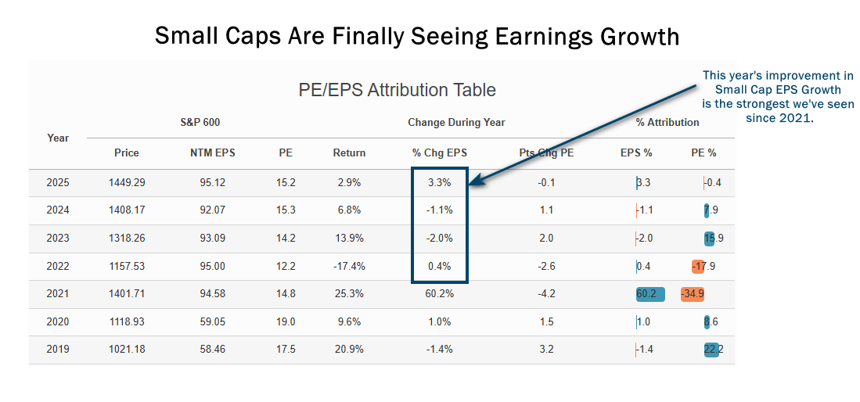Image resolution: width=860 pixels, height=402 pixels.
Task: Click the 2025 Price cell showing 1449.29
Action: (x=127, y=182)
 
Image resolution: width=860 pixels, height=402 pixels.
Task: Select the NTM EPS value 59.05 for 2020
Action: (x=207, y=321)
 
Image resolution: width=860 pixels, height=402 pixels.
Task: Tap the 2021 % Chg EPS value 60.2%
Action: (x=439, y=294)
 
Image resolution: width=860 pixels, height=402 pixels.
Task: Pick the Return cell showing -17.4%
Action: (x=349, y=266)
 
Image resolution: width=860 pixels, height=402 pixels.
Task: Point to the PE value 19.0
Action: (x=286, y=321)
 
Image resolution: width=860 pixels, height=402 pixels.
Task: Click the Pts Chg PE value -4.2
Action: (x=546, y=294)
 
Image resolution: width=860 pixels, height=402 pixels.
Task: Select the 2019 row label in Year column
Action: (x=58, y=350)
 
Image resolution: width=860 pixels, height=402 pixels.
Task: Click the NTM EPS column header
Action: (x=207, y=153)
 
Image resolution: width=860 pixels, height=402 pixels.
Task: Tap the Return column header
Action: (x=349, y=153)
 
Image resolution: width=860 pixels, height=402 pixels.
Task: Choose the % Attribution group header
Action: (x=667, y=122)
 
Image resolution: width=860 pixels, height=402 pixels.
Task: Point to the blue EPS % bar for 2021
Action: (x=651, y=294)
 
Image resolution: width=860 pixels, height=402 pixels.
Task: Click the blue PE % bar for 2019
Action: (x=711, y=350)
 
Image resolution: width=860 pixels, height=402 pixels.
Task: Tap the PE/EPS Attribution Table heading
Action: (x=397, y=90)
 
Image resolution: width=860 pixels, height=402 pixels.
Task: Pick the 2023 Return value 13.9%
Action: (x=349, y=238)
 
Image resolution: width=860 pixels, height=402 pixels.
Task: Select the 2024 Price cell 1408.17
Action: (x=127, y=210)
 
